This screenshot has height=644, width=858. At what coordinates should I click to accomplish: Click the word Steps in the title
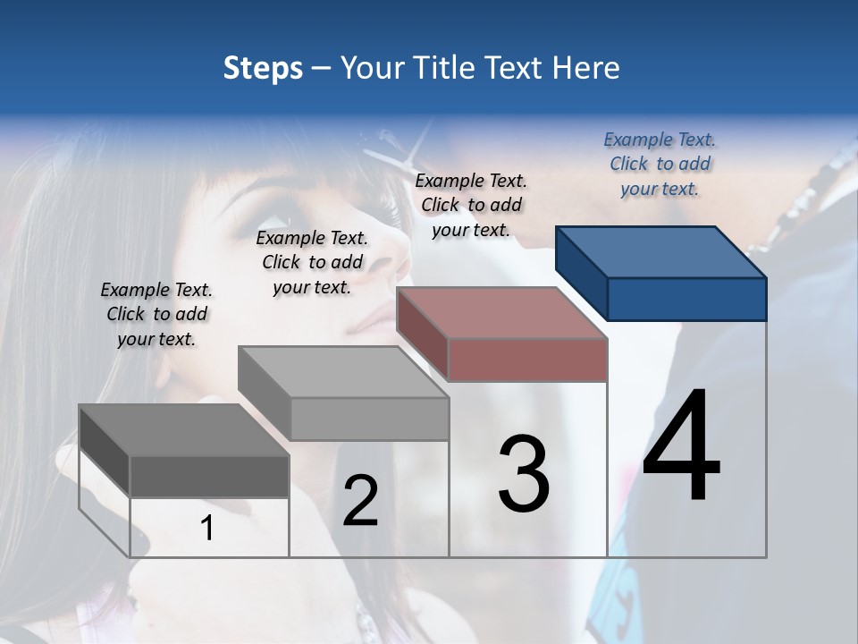(262, 68)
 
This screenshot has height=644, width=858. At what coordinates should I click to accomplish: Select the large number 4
(681, 447)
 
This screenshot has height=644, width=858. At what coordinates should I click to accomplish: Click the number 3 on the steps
(524, 474)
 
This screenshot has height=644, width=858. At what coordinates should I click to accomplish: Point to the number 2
(360, 501)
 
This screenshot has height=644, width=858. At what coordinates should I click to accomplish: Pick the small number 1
(207, 529)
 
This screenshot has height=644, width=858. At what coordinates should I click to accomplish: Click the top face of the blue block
(661, 251)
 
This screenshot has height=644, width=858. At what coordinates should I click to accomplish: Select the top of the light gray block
(343, 372)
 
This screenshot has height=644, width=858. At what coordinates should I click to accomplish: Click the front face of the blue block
(686, 299)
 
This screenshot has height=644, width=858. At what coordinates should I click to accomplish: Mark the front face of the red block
(527, 360)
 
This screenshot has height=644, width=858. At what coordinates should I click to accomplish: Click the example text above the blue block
(660, 165)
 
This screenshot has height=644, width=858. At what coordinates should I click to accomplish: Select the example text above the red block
(471, 205)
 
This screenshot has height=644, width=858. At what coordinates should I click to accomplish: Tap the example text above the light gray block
(312, 262)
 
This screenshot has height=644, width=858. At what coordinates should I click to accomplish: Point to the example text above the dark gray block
(156, 314)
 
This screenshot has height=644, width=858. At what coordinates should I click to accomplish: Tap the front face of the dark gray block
(209, 477)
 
